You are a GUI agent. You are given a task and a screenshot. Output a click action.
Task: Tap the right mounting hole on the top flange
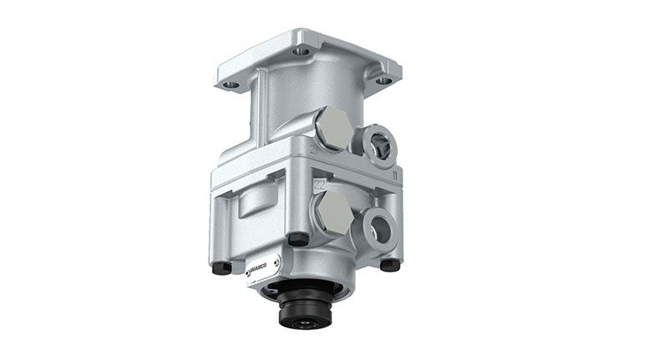383,81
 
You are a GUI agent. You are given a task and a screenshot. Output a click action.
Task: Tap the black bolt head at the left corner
221,268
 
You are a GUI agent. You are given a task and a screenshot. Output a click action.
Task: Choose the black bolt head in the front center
294,240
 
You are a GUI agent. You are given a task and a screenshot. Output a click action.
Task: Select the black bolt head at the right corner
390,265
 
